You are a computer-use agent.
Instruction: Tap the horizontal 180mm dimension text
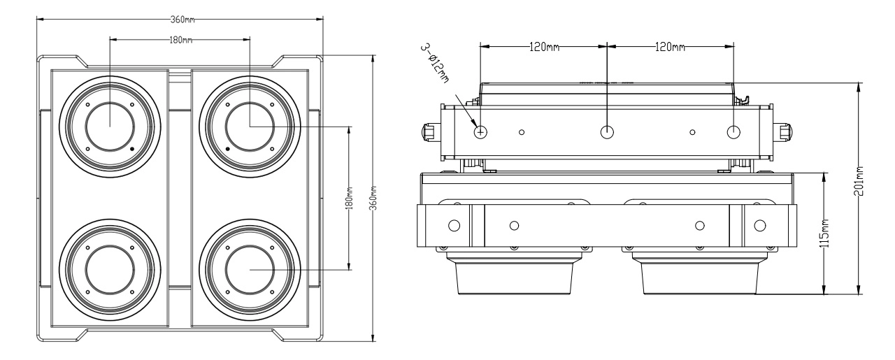180,39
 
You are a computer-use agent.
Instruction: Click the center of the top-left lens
109,127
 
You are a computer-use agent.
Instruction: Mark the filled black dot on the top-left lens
131,149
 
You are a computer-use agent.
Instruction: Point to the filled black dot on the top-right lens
228,149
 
